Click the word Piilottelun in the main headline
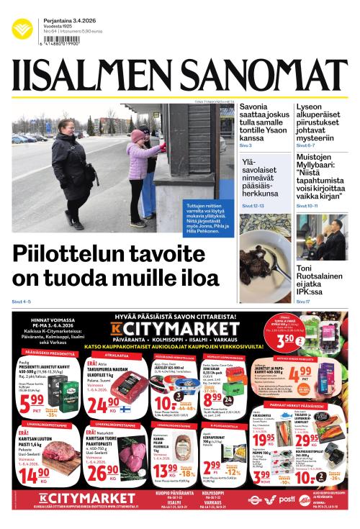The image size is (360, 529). point(73,255)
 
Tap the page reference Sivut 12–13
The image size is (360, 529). point(253,206)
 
